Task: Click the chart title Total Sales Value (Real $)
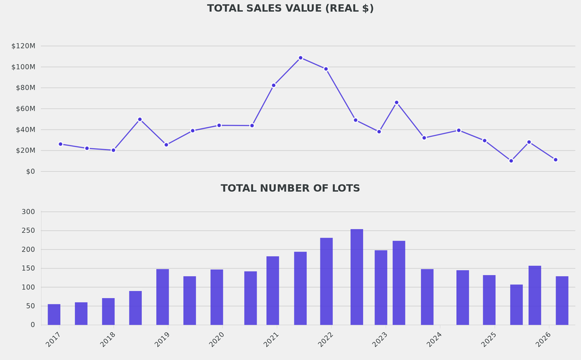pyautogui.click(x=290, y=9)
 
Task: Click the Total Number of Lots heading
pyautogui.click(x=290, y=189)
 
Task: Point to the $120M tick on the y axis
pyautogui.click(x=23, y=46)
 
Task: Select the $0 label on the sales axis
pyautogui.click(x=30, y=171)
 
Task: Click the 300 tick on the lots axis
pyautogui.click(x=28, y=212)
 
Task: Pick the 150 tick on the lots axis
pyautogui.click(x=28, y=268)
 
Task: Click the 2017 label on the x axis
pyautogui.click(x=53, y=340)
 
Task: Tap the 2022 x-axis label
pyautogui.click(x=325, y=340)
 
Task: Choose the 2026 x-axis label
pyautogui.click(x=543, y=340)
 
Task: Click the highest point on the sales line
pyautogui.click(x=300, y=58)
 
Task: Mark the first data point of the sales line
pyautogui.click(x=60, y=144)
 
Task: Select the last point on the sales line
pyautogui.click(x=555, y=160)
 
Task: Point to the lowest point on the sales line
pyautogui.click(x=511, y=161)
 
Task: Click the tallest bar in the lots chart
pyautogui.click(x=357, y=277)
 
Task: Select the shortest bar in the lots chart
pyautogui.click(x=54, y=314)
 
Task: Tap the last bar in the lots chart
pyautogui.click(x=562, y=300)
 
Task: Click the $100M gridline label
pyautogui.click(x=23, y=67)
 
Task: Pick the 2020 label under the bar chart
pyautogui.click(x=217, y=340)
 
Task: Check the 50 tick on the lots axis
pyautogui.click(x=30, y=306)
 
